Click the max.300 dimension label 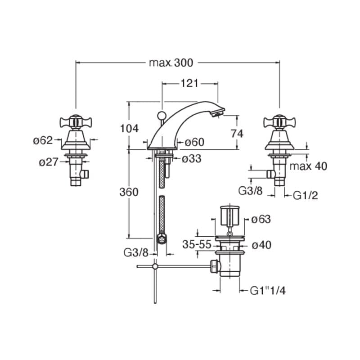(171, 63)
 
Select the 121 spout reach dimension (189, 83)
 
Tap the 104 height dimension (129, 129)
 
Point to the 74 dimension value (237, 134)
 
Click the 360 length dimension (129, 192)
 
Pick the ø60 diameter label (194, 142)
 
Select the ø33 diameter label (192, 158)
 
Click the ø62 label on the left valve (43, 140)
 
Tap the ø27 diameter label (49, 162)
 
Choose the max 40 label (308, 166)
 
